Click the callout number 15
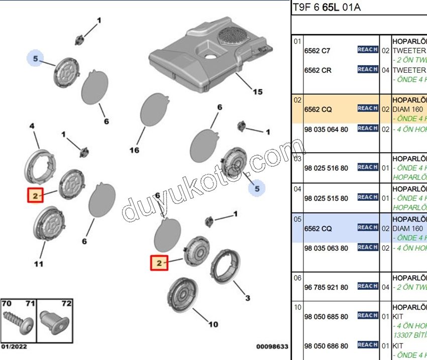point(257,92)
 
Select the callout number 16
point(134,150)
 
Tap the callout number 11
point(39,264)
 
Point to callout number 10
point(213,324)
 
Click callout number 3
point(247,298)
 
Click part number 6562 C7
point(318,51)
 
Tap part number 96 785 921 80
point(326,287)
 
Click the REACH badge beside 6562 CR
point(368,69)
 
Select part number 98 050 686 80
point(326,346)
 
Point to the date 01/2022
point(14,346)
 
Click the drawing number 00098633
point(272,346)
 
